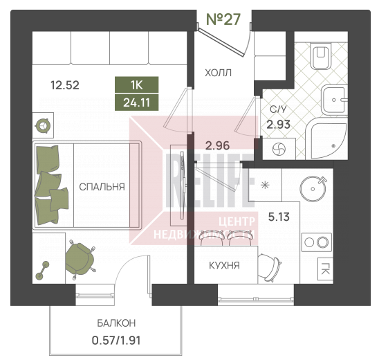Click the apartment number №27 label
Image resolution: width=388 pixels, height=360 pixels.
click(x=223, y=19)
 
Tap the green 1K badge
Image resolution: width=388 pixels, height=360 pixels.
click(x=136, y=85)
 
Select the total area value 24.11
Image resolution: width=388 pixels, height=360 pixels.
click(x=136, y=102)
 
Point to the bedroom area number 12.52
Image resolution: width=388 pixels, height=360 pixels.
click(x=65, y=85)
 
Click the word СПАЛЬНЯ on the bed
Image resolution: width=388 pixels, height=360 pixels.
click(x=102, y=187)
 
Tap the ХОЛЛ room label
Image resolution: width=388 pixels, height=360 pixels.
click(x=219, y=73)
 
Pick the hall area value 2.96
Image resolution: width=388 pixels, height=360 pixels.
click(x=217, y=145)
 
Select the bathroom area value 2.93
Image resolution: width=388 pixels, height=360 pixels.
click(x=279, y=125)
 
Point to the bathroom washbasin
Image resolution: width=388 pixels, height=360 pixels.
click(x=334, y=100)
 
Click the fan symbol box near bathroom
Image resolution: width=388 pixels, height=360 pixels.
click(x=279, y=149)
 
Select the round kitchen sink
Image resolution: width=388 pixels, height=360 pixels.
click(x=313, y=189)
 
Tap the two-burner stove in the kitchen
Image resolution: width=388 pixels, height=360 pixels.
click(x=317, y=242)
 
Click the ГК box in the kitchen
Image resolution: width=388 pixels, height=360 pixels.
click(x=325, y=269)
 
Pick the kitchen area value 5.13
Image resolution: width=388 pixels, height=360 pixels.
click(x=279, y=217)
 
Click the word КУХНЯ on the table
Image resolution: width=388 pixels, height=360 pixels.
click(x=225, y=266)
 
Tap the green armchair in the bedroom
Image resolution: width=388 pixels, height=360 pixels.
click(x=80, y=259)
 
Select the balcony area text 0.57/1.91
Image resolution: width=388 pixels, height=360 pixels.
click(x=116, y=341)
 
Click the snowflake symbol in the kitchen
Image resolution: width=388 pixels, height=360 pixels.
click(x=265, y=185)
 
